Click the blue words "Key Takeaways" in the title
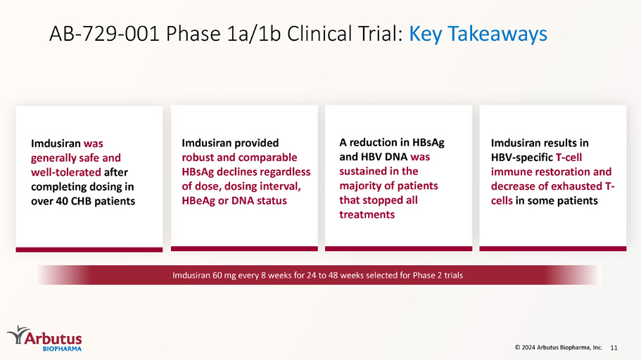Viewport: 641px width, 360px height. coord(478,34)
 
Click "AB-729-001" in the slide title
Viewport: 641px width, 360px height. coord(104,34)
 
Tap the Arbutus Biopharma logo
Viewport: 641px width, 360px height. coord(44,338)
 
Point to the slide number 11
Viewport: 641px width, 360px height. coord(614,348)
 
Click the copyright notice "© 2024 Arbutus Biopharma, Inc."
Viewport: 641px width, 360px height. coord(559,347)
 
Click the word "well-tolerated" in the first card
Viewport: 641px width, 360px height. coord(66,172)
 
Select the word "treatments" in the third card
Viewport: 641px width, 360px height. coord(367,214)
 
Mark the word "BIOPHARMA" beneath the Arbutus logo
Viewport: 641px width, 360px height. coord(62,349)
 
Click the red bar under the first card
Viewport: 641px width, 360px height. coord(89,250)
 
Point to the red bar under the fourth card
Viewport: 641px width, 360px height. coord(553,248)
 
